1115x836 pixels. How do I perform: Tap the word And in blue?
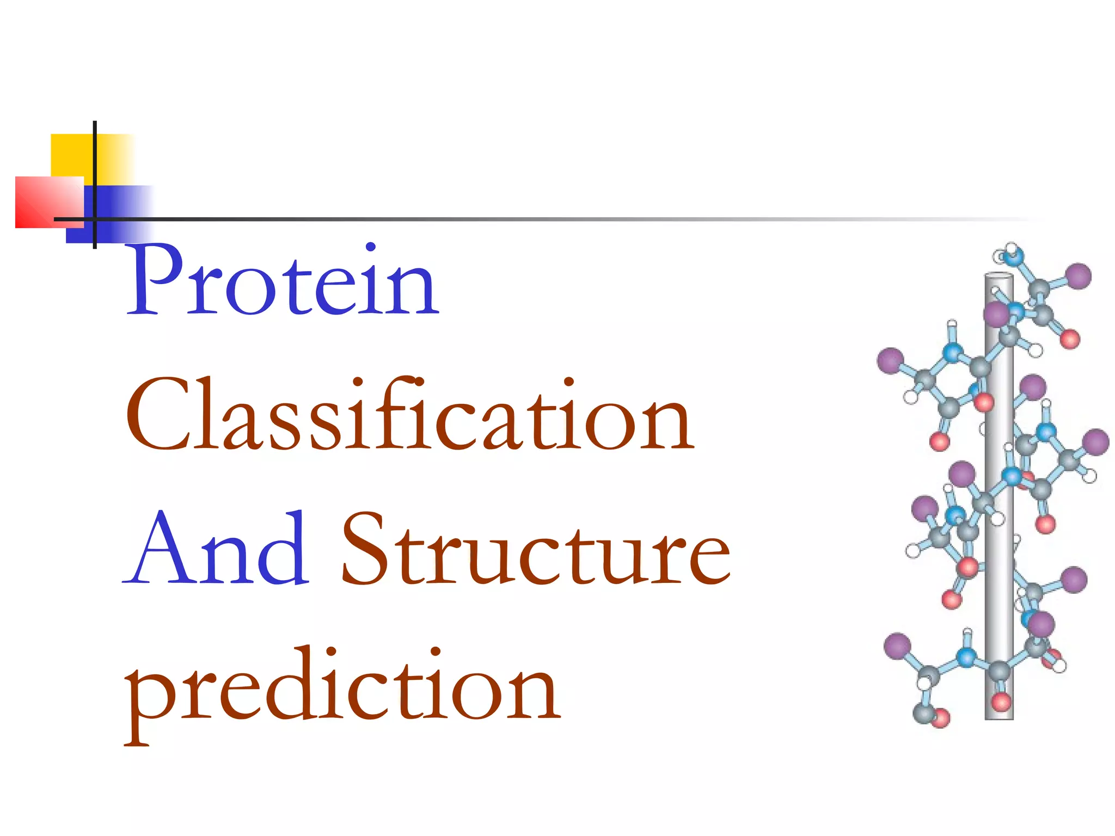(217, 550)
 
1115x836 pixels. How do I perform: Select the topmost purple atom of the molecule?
(1078, 276)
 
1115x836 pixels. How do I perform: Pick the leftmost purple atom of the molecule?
(890, 361)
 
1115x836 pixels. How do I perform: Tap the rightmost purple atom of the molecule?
(1095, 442)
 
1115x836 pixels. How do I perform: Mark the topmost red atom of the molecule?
(1070, 340)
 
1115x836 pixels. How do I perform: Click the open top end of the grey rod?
(998, 275)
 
